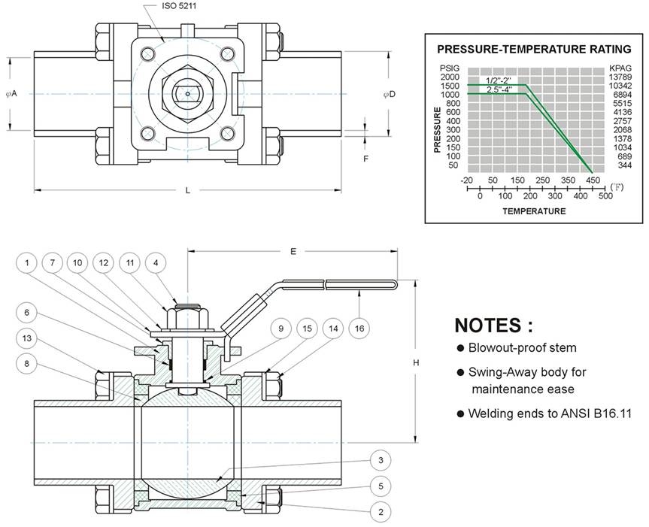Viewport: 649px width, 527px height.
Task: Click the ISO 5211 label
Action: (x=179, y=6)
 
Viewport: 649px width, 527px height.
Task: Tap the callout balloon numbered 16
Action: (x=359, y=329)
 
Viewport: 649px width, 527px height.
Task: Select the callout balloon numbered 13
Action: (x=27, y=338)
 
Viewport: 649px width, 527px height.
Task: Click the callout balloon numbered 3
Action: (x=381, y=460)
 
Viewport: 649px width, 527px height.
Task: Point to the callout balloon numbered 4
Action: (x=156, y=262)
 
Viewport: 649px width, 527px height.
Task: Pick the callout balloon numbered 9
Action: (x=281, y=329)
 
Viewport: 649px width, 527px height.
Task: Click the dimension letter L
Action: (x=187, y=191)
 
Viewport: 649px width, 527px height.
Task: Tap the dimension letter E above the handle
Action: (x=293, y=251)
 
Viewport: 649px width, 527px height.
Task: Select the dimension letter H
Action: (x=416, y=363)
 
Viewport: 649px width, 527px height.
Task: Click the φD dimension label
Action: (x=390, y=94)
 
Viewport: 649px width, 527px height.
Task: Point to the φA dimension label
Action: (x=11, y=94)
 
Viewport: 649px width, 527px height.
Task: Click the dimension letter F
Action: (x=365, y=159)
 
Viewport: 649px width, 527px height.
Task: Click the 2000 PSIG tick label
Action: (x=450, y=77)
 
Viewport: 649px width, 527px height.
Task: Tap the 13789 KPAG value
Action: (x=620, y=77)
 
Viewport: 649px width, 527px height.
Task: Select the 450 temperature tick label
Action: (x=593, y=180)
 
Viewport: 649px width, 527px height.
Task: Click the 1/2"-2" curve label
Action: (x=499, y=80)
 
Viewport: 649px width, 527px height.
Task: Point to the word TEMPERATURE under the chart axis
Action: (x=534, y=211)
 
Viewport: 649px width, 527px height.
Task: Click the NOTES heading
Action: (x=494, y=325)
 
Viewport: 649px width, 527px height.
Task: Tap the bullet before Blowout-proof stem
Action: (x=460, y=348)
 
